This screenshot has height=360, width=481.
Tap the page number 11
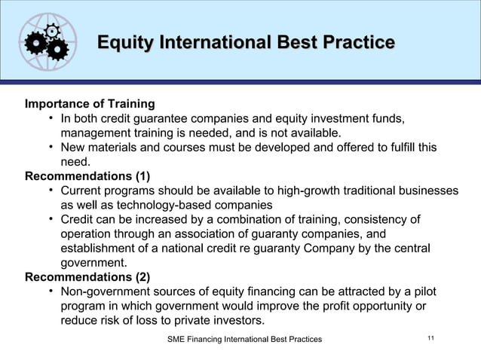tap(431, 340)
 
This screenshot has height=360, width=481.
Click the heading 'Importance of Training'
tap(90, 104)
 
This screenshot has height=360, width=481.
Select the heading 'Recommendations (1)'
tap(87, 177)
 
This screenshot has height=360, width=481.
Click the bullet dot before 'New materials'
tap(50, 147)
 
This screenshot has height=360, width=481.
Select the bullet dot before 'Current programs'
tap(50, 191)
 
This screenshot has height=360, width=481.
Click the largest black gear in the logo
tap(35, 45)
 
